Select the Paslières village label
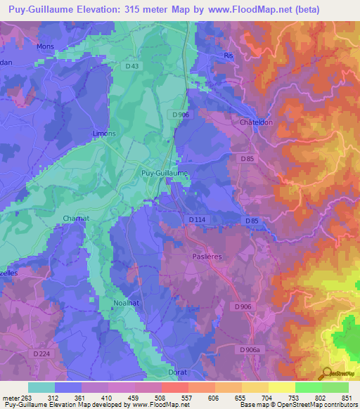click(207, 257)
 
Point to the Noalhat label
click(127, 304)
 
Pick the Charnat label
click(75, 219)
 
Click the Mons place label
click(45, 47)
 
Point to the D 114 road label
click(198, 220)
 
